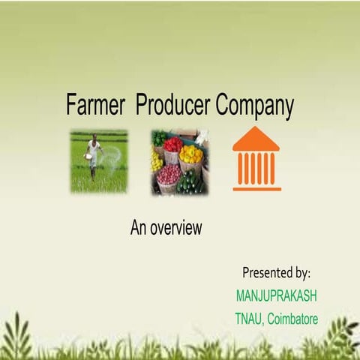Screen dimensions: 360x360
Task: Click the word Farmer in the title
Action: click(x=95, y=104)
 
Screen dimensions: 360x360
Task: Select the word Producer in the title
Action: click(x=172, y=104)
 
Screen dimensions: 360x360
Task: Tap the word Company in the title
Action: click(x=255, y=106)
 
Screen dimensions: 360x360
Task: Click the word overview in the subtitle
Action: click(x=176, y=227)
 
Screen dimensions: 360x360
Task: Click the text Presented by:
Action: click(x=277, y=273)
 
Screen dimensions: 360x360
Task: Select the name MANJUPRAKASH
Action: click(x=277, y=295)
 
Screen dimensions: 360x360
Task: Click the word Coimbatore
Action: click(x=292, y=319)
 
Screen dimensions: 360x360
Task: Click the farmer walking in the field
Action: click(x=94, y=156)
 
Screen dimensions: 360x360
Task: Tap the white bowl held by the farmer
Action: click(x=88, y=157)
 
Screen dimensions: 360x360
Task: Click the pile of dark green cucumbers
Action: click(x=190, y=182)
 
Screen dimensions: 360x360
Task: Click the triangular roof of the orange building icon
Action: click(x=256, y=139)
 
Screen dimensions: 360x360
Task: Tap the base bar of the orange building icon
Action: click(x=257, y=189)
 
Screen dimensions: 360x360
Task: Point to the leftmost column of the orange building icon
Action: click(x=241, y=169)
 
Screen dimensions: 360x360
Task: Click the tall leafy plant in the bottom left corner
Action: click(x=17, y=336)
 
